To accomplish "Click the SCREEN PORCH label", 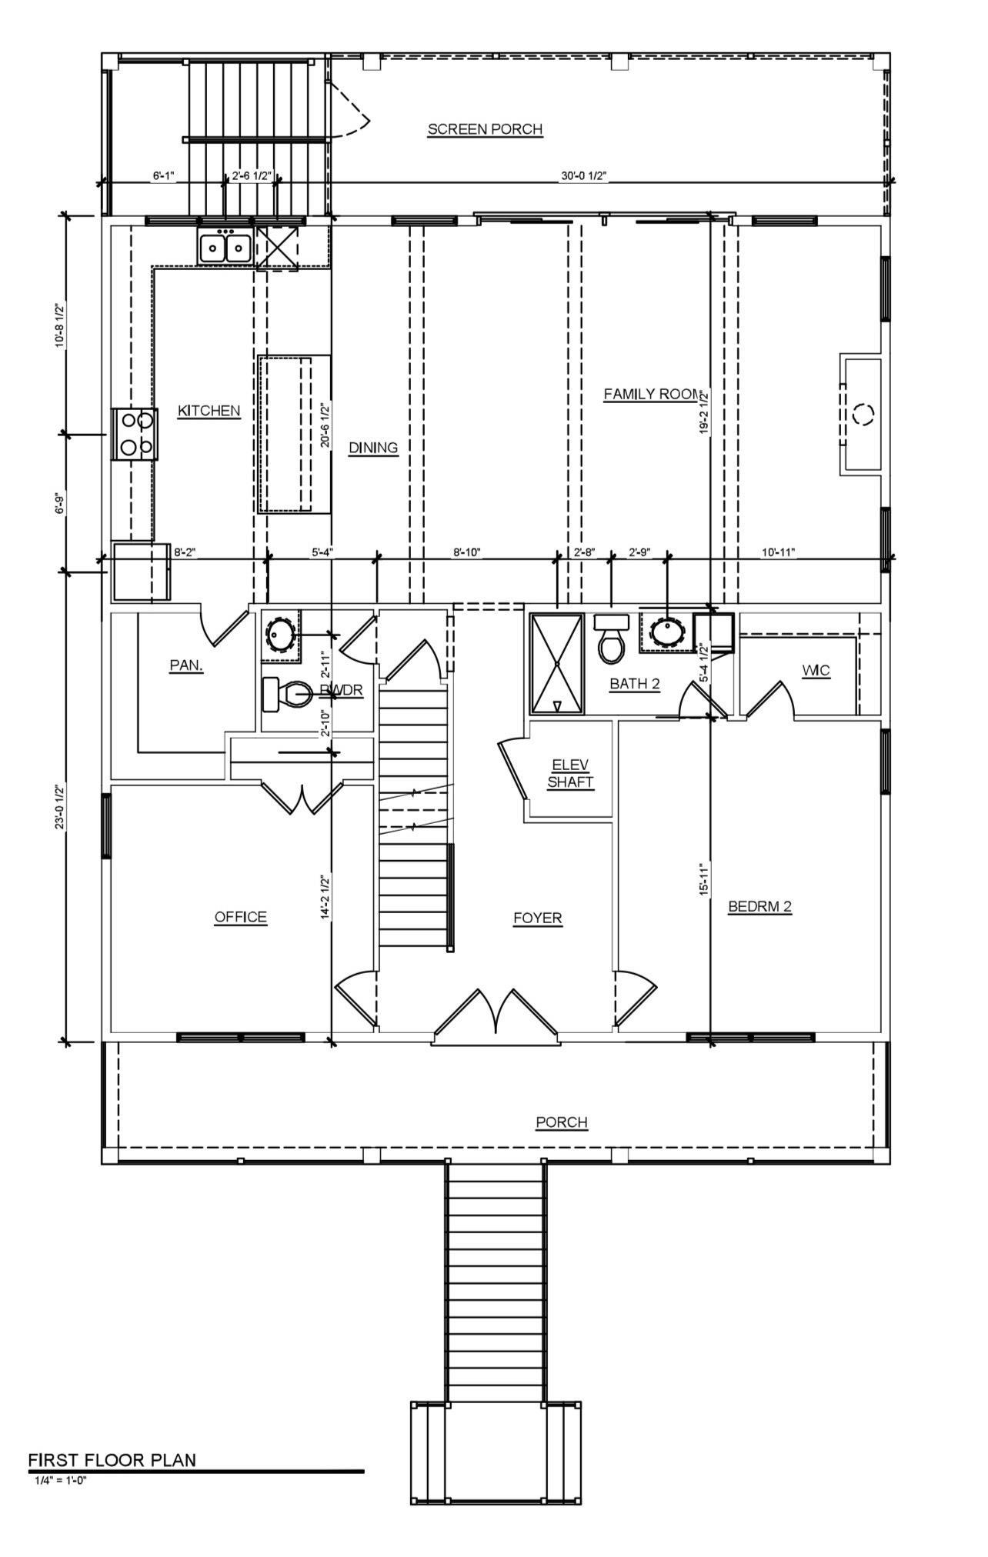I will click(485, 129).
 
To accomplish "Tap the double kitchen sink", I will click(225, 248).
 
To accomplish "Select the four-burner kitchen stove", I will click(135, 435).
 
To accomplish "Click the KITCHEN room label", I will click(209, 412).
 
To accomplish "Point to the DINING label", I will click(373, 448).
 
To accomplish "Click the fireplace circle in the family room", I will click(863, 415).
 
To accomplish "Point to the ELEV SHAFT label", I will click(570, 773).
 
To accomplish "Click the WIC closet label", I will click(816, 671).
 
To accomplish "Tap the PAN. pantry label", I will click(186, 665).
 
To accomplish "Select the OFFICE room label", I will click(240, 917).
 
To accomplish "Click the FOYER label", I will click(538, 918).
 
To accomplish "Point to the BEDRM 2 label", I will click(759, 907).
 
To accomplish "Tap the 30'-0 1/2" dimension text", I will click(584, 176).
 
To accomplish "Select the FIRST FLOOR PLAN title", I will click(112, 1460).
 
